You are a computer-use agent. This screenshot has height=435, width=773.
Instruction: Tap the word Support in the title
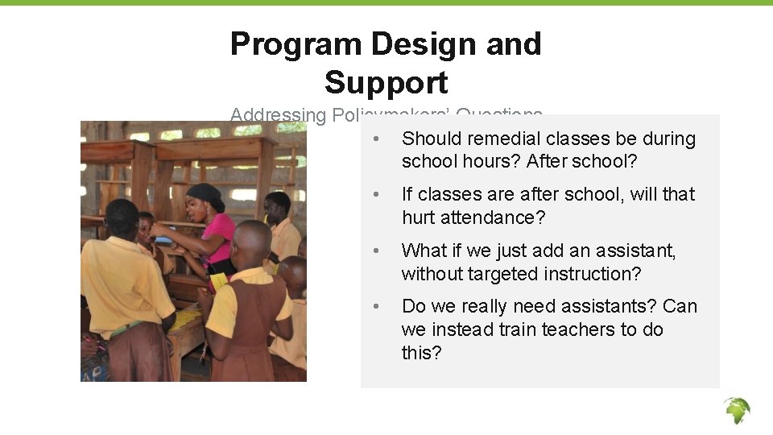pyautogui.click(x=386, y=83)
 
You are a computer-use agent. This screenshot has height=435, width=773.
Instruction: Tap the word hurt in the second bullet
pyautogui.click(x=419, y=217)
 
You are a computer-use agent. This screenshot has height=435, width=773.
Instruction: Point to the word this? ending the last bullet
pyautogui.click(x=421, y=353)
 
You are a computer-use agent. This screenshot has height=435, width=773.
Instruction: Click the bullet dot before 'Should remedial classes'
pyautogui.click(x=375, y=139)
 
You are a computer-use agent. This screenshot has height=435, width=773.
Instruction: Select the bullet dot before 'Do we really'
pyautogui.click(x=375, y=307)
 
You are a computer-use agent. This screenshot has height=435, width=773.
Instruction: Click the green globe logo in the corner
pyautogui.click(x=736, y=410)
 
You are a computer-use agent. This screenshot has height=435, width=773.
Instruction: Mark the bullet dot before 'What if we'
pyautogui.click(x=375, y=251)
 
